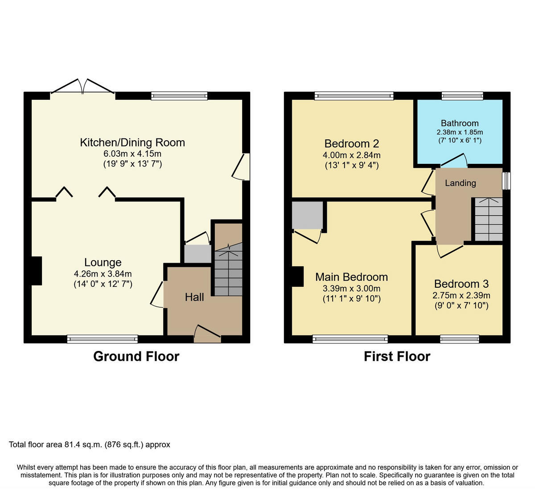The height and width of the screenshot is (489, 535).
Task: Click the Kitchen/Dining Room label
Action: [x=132, y=143]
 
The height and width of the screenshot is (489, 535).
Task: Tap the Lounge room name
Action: [x=103, y=262]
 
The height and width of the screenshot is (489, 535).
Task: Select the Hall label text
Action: [x=194, y=297]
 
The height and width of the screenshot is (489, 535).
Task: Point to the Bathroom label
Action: [x=460, y=123]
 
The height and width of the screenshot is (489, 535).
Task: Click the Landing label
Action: [x=461, y=183]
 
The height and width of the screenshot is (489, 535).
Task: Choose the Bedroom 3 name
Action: [x=461, y=284]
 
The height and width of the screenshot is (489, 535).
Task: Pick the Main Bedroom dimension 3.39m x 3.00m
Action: [x=351, y=288]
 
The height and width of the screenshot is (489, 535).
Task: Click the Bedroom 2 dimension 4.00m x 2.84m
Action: [x=351, y=155]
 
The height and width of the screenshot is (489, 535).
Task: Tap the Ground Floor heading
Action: [x=136, y=356]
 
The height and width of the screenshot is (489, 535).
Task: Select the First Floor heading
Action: [x=397, y=356]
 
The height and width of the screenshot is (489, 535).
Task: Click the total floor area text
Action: [x=89, y=444]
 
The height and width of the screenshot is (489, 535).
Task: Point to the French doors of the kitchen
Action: [x=82, y=88]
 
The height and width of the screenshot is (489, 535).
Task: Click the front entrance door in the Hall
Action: [x=207, y=334]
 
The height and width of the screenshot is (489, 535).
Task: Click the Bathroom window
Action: [x=462, y=96]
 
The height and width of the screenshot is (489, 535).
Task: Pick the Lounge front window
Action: [x=103, y=339]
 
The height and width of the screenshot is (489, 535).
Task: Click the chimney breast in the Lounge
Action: [x=37, y=271]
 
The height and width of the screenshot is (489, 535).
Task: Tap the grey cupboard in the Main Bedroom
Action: [x=307, y=215]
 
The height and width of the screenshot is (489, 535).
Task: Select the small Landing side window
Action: [x=506, y=181]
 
